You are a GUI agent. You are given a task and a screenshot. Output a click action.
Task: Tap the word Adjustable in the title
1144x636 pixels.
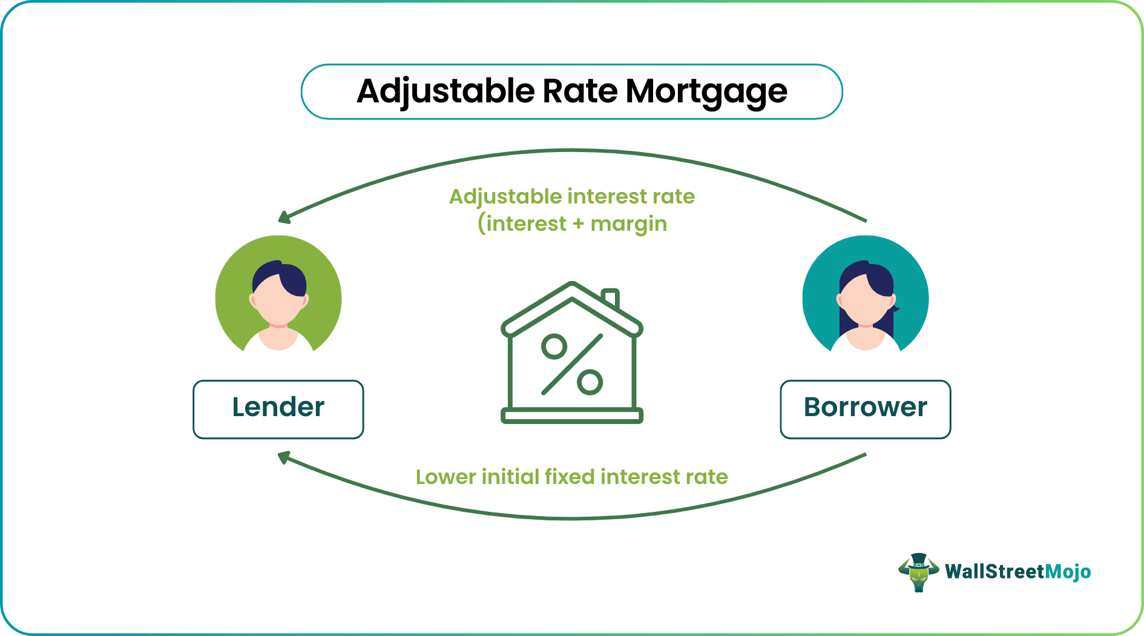(x=445, y=92)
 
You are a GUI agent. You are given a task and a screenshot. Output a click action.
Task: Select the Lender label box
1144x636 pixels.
(x=278, y=409)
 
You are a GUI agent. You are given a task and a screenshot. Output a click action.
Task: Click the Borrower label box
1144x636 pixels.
(x=865, y=409)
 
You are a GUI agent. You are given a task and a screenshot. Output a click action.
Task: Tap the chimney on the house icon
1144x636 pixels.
(x=611, y=297)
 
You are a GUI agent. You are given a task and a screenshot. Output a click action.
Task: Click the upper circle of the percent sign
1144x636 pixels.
(x=554, y=346)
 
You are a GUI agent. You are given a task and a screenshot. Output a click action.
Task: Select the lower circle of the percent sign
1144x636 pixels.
(x=590, y=382)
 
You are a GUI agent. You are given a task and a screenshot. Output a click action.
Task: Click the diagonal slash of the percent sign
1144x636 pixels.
(x=572, y=364)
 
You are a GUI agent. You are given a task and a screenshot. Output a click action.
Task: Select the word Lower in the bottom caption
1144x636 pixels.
(x=445, y=477)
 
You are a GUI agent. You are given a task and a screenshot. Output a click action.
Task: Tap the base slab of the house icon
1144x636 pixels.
(x=572, y=416)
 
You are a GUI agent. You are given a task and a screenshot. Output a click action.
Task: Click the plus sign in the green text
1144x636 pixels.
(x=578, y=224)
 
